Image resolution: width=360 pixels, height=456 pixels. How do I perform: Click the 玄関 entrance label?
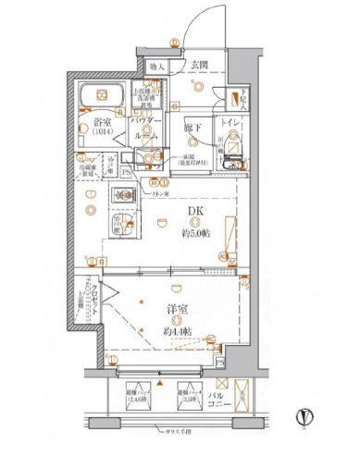pos(200,66)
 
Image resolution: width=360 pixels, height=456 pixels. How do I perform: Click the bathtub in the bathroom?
pos(101,97)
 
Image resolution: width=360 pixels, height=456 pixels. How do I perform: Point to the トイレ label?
pos(231,120)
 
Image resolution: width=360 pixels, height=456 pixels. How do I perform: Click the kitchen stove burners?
pos(122,196)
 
